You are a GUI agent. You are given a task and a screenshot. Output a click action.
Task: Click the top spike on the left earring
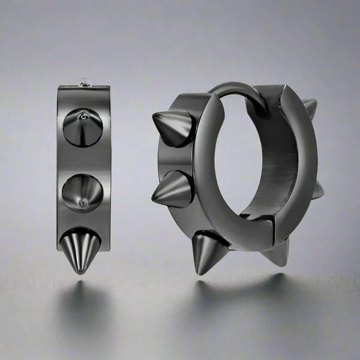coord(82,127)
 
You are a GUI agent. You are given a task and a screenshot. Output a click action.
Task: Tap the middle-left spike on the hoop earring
coord(171,189)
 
